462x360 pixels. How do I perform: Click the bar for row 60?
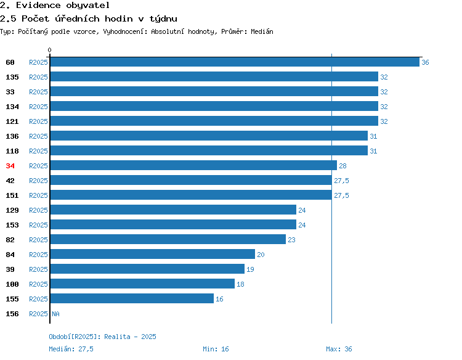235,62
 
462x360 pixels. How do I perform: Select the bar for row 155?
132,298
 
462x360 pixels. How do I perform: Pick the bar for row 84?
153,254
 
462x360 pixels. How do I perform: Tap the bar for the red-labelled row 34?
193,165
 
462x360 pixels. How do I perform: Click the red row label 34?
10,166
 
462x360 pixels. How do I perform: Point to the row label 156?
12,314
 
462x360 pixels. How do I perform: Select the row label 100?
12,284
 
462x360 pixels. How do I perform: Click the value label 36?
425,62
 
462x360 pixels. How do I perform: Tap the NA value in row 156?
55,314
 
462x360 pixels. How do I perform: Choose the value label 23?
291,240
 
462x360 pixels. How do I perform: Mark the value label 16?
219,299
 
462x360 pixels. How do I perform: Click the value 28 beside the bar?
342,166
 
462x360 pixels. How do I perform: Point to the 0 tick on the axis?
49,50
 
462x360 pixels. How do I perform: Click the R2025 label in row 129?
38,210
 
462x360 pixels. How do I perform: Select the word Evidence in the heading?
38,6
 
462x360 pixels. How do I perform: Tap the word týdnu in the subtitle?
163,19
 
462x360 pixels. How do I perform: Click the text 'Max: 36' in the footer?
339,349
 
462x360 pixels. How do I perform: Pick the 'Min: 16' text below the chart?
216,349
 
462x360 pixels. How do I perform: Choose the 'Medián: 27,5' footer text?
71,349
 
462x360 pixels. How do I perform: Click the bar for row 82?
168,239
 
